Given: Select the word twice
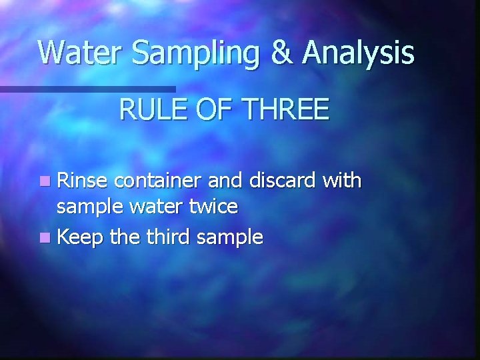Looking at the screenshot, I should tap(212, 207).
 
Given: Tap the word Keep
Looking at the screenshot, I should tap(81, 237).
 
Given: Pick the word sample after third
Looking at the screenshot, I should tap(230, 237).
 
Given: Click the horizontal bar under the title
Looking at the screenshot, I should tap(87, 89).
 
